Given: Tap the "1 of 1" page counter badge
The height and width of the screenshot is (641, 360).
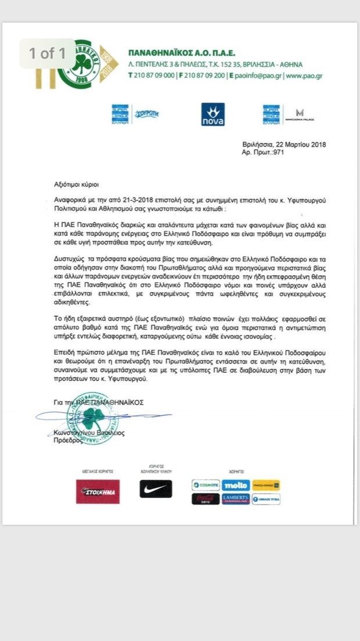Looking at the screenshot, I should [x=48, y=53].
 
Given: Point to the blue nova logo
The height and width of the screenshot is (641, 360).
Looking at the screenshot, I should [x=213, y=114].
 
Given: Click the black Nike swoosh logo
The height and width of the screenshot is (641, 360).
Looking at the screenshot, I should [x=156, y=489].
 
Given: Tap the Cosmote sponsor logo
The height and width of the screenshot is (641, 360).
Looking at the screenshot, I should [x=206, y=484].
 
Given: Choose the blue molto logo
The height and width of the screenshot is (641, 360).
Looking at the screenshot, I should [x=236, y=484].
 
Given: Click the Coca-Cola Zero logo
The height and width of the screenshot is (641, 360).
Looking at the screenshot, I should [x=206, y=499].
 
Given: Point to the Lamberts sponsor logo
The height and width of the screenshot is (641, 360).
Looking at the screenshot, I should [x=236, y=499].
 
